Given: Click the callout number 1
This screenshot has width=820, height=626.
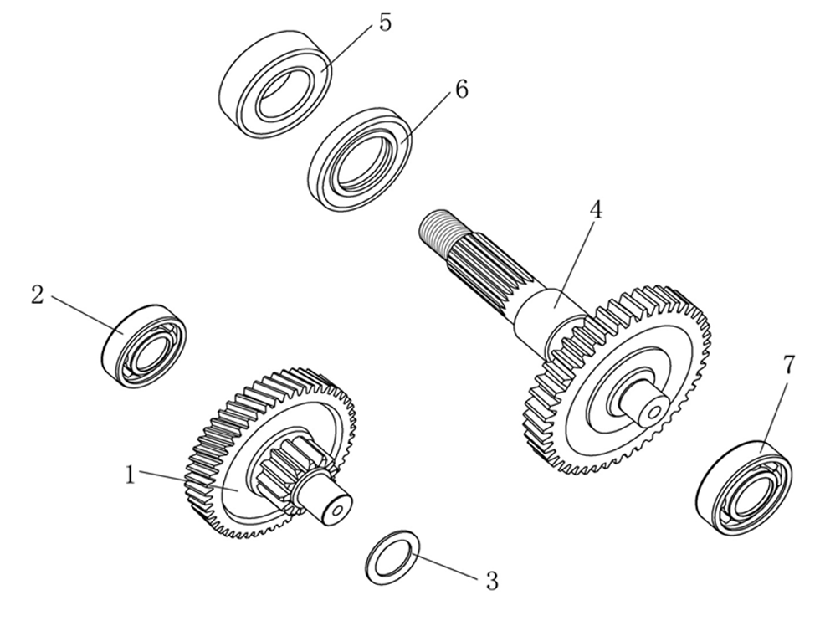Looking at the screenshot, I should [x=130, y=475].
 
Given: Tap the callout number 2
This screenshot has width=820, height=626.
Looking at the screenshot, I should [x=37, y=295].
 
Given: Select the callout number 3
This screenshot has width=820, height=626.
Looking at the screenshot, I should [x=492, y=580].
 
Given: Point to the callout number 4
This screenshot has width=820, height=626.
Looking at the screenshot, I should [x=596, y=210].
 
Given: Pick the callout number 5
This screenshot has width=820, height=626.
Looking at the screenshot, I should [x=384, y=23].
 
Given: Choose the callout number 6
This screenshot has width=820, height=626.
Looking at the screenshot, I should [x=461, y=90].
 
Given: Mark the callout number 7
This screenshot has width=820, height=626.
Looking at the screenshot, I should [x=788, y=365].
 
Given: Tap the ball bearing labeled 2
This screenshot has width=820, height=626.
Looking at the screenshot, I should [x=144, y=346].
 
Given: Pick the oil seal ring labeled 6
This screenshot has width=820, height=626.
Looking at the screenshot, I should [x=361, y=158].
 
